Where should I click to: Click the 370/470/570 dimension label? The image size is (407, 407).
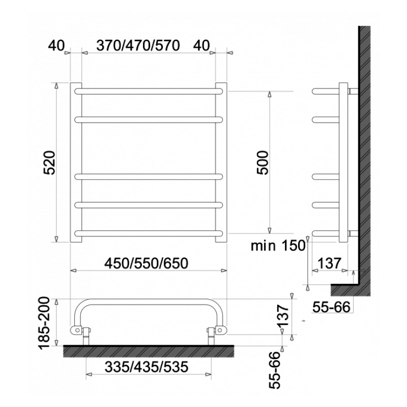tap(138, 46)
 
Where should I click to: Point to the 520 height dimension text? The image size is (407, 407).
tap(49, 162)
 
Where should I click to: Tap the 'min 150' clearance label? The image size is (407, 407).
tap(278, 245)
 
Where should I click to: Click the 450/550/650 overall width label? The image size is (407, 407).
tap(146, 263)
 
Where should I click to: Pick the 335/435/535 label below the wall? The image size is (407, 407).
tap(146, 367)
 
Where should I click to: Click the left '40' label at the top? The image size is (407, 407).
tap(56, 46)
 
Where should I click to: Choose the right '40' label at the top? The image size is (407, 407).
tap(201, 46)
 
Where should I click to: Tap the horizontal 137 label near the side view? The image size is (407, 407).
tap(329, 264)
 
